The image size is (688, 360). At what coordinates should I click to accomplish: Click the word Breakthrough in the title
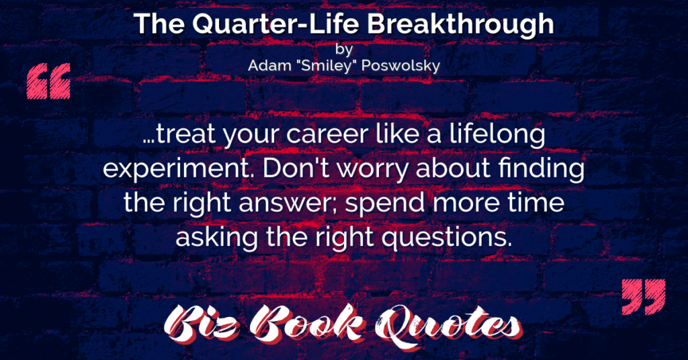click(460, 25)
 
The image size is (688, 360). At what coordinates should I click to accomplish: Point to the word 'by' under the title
click(344, 48)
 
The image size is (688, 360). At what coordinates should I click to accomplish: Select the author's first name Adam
click(269, 66)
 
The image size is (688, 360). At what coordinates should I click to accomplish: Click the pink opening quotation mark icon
click(48, 81)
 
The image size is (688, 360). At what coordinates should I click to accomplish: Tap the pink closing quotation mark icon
click(644, 297)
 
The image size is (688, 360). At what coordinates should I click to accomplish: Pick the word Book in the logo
click(307, 324)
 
